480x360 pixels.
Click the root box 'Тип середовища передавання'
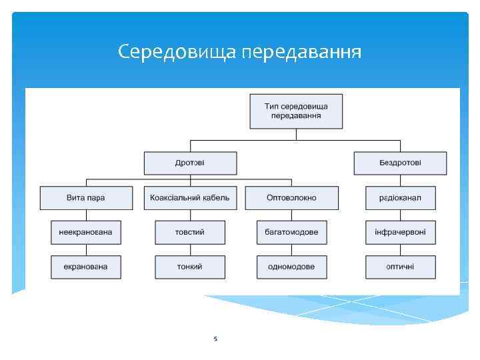tap(296, 111)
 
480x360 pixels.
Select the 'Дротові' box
tap(190, 163)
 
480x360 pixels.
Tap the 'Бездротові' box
tap(400, 163)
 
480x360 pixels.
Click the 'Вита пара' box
tap(86, 197)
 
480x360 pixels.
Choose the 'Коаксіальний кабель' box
tap(190, 197)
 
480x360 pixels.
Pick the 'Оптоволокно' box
tap(291, 197)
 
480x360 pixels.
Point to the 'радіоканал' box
tap(400, 197)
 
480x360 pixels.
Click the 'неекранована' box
tap(86, 232)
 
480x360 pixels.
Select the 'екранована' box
tap(86, 267)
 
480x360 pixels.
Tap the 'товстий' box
tap(190, 232)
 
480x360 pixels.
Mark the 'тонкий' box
tap(190, 267)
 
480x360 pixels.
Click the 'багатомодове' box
tap(291, 232)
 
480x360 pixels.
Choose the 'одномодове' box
tap(291, 267)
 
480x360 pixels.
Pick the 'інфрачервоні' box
tap(400, 232)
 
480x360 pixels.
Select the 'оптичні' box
tap(400, 267)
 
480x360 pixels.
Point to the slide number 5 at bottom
tap(215, 339)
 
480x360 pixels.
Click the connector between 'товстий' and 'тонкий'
tap(190, 249)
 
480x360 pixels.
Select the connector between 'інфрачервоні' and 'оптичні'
tap(400, 249)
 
